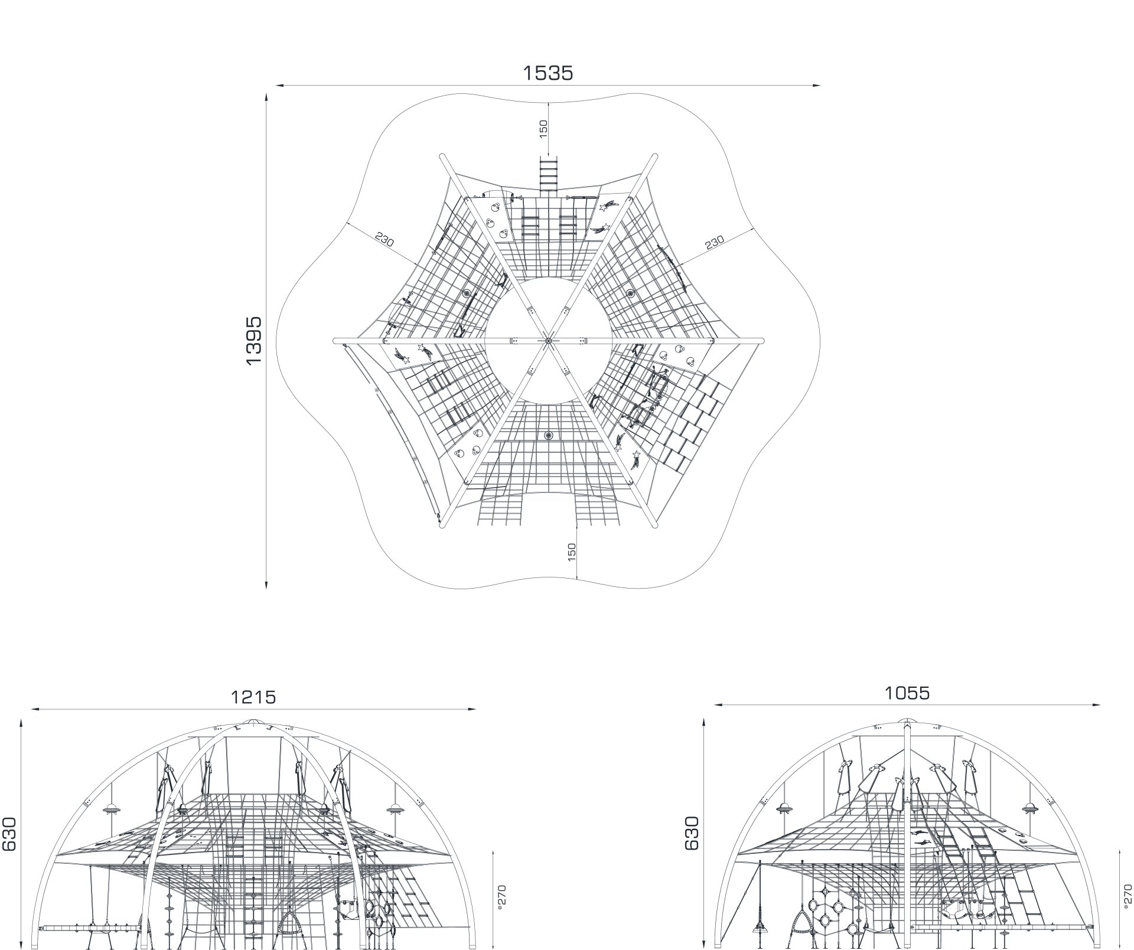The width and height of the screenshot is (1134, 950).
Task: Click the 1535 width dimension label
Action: tap(548, 73)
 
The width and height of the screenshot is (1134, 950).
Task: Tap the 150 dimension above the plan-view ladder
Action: tap(543, 129)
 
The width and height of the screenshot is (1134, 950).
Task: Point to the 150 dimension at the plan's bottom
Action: tap(571, 552)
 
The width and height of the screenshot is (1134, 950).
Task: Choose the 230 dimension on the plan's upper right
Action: tap(714, 241)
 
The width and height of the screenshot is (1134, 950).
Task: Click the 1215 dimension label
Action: tap(253, 697)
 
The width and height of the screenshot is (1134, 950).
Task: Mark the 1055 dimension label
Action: tap(907, 693)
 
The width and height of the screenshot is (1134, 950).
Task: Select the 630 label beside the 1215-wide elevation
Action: tap(9, 834)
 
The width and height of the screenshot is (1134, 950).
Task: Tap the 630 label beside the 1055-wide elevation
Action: tap(692, 833)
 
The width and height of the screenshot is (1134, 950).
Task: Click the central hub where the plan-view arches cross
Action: tap(548, 341)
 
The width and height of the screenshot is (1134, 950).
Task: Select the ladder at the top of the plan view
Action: tap(549, 174)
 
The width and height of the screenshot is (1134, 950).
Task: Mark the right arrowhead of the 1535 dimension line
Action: tap(816, 86)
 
